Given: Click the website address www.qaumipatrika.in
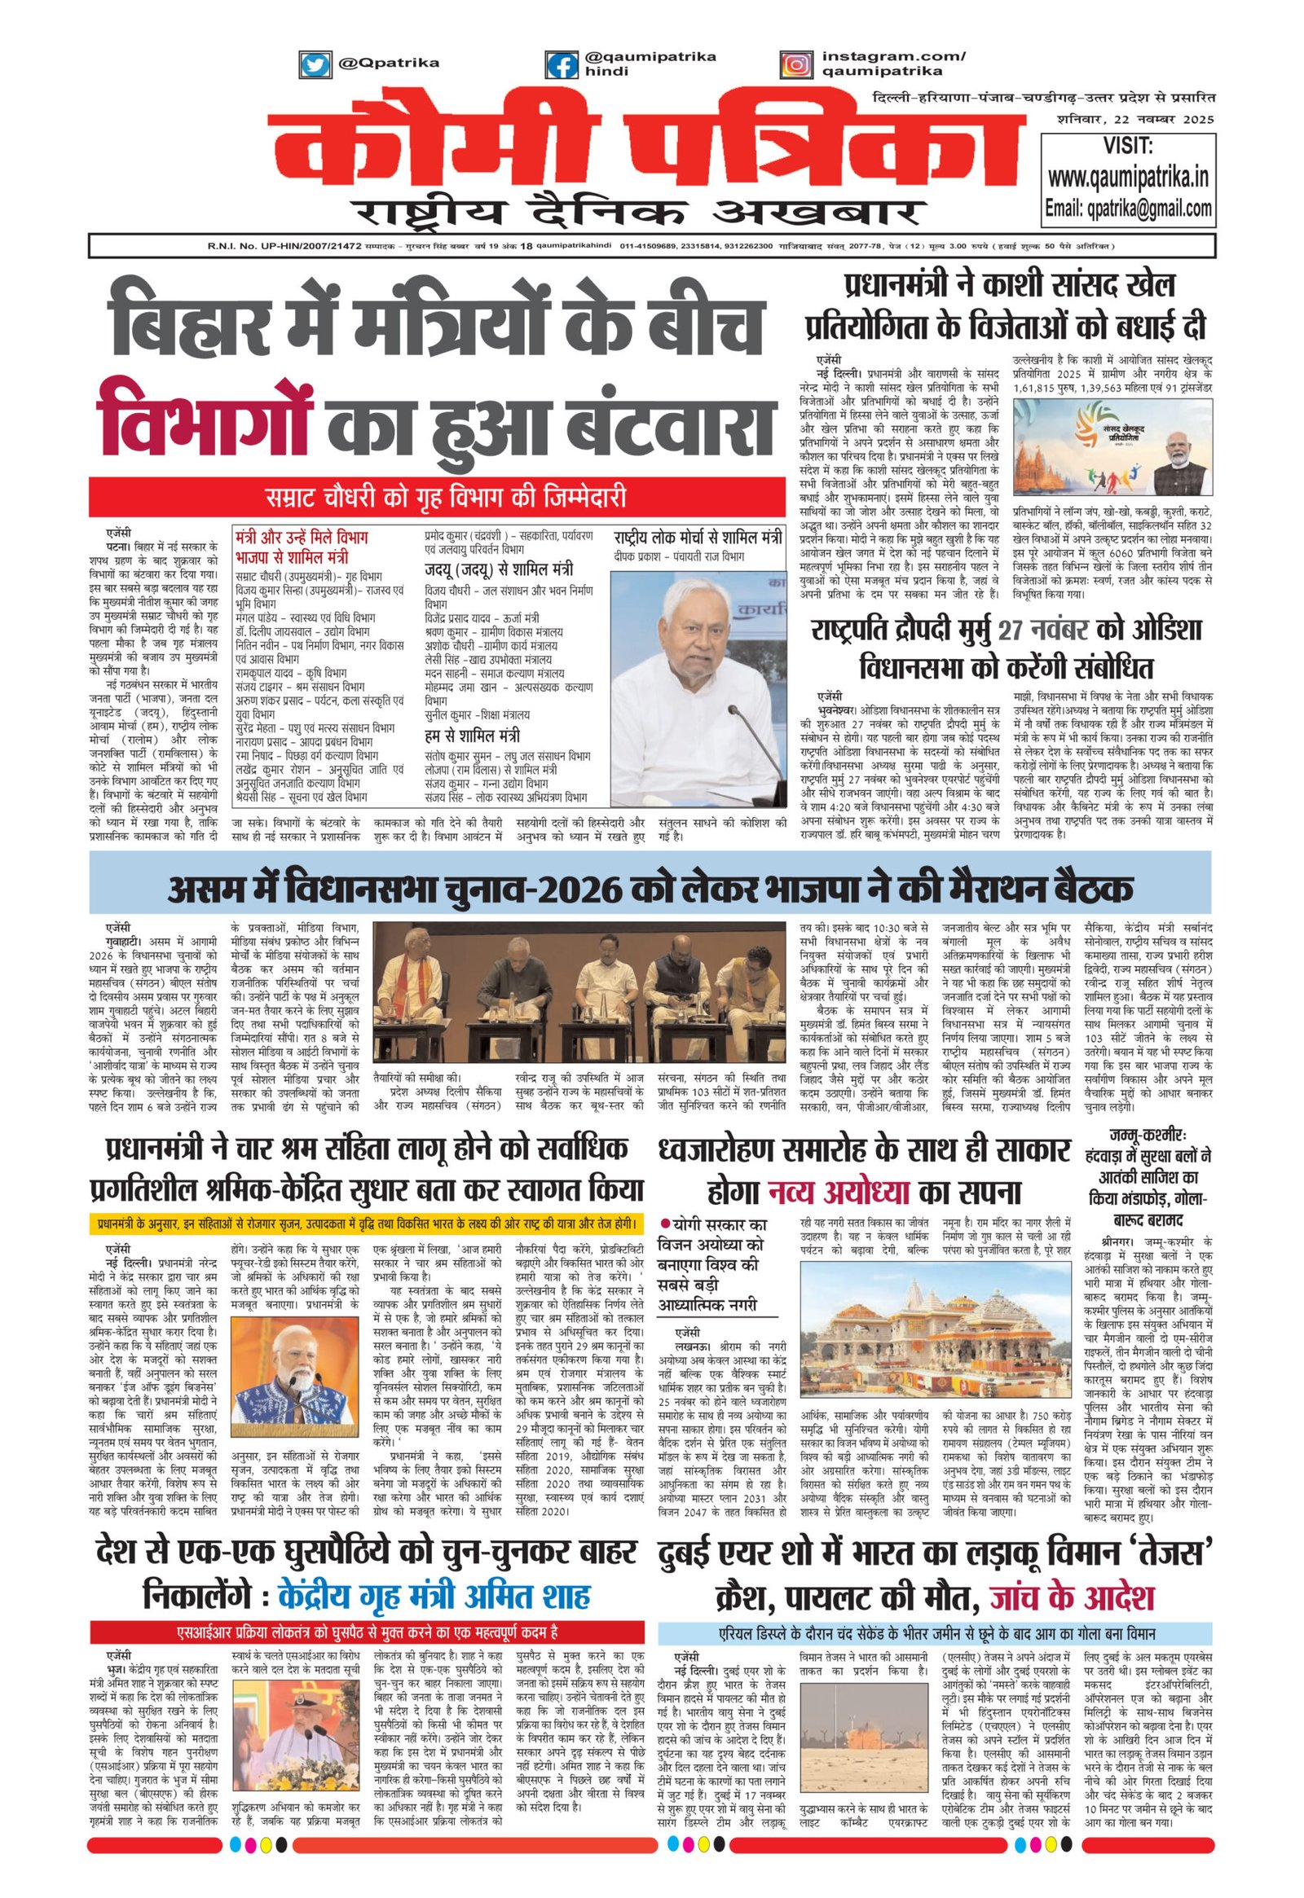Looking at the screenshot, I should click(1128, 177).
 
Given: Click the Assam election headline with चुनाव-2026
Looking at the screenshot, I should click(650, 890).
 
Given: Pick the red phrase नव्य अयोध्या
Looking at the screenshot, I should click(839, 1193).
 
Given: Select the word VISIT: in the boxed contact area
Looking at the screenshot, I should click(1128, 146).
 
